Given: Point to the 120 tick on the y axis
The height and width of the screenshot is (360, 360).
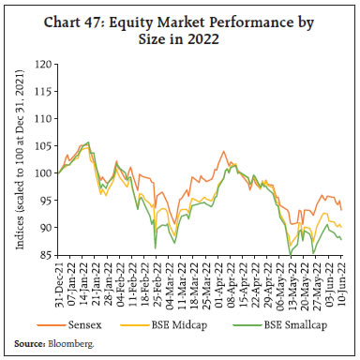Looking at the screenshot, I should [x=43, y=66].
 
